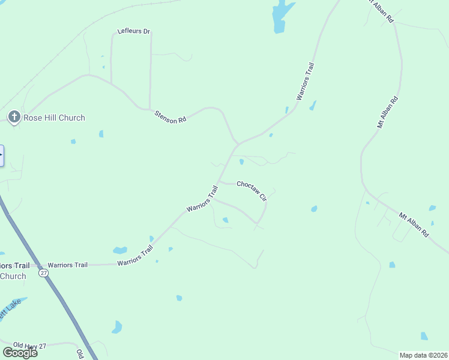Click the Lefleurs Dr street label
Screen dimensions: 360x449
point(133,31)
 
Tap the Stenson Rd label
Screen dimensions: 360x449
point(170,116)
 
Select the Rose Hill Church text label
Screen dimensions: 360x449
point(54,118)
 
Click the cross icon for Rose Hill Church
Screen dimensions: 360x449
point(14,117)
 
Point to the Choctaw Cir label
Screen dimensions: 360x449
point(252,191)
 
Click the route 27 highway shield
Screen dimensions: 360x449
point(43,273)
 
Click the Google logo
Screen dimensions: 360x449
point(20,352)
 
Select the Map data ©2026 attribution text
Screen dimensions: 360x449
point(423,355)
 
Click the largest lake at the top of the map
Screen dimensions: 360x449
point(281,16)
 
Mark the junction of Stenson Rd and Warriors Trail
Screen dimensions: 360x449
point(238,144)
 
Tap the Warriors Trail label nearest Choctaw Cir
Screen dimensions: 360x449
point(202,199)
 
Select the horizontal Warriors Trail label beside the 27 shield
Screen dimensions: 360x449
point(68,265)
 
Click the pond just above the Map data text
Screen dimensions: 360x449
point(424,336)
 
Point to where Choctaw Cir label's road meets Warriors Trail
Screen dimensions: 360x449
point(218,181)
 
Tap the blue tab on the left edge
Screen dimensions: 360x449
point(2,155)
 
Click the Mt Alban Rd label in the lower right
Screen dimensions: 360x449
point(414,223)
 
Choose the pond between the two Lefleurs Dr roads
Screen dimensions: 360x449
point(103,67)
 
